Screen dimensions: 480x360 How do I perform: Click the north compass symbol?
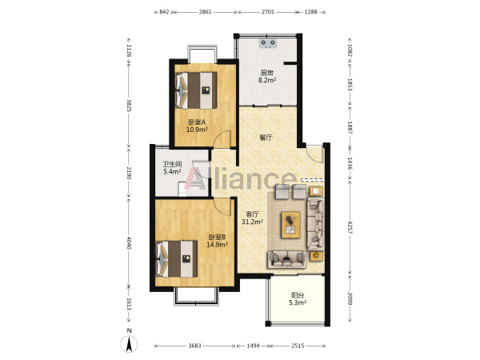(129, 343)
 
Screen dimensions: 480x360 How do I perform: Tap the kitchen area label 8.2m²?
(267, 80)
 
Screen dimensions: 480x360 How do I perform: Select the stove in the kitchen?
(268, 43)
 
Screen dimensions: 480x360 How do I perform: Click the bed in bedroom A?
(196, 90)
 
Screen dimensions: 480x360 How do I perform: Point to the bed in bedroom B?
(176, 259)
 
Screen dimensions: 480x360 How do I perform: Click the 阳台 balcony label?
(298, 295)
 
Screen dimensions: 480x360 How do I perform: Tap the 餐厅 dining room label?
(266, 138)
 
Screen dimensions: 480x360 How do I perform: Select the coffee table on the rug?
(291, 225)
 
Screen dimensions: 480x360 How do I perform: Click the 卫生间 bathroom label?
(172, 164)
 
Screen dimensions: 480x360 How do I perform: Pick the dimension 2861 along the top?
(205, 12)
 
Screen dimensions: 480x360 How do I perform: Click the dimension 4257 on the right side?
(350, 227)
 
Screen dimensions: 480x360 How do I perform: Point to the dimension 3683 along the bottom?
(194, 346)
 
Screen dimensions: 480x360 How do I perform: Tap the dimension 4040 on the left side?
(129, 242)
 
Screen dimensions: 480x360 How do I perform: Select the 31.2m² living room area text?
(252, 222)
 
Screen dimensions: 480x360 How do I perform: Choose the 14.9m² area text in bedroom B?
(217, 245)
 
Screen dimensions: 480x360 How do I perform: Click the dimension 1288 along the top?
(310, 12)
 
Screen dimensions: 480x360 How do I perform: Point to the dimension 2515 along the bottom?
(298, 346)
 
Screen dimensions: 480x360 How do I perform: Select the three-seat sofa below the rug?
(287, 259)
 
